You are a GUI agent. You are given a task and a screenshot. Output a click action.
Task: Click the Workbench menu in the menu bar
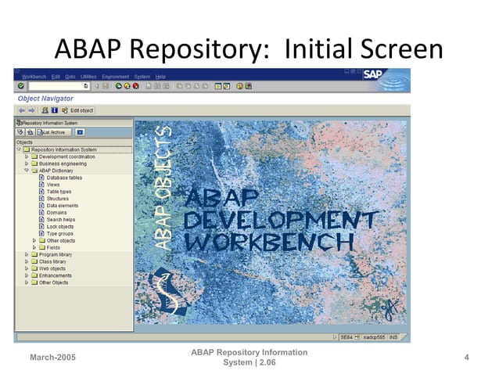coord(34,76)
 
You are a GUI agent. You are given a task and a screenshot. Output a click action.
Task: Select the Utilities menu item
coord(88,76)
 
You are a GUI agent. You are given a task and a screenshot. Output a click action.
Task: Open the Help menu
coord(160,76)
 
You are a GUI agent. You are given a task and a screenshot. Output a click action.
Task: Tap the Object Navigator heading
coord(45,99)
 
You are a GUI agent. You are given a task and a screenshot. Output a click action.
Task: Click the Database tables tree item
coord(64,178)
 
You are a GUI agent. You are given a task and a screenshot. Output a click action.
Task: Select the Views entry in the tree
coord(53,185)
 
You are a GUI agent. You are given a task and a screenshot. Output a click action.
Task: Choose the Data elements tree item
coord(62,206)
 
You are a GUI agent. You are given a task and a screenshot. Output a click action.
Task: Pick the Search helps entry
coord(60,220)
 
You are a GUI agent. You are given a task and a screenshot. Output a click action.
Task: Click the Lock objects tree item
coord(60,227)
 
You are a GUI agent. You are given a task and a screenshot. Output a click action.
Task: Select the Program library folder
coord(56,254)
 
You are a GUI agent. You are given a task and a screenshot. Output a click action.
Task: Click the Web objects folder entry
coord(53,268)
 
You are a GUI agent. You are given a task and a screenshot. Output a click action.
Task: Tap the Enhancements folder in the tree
coord(56,275)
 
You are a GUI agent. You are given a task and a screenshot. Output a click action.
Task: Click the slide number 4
coord(466,358)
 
